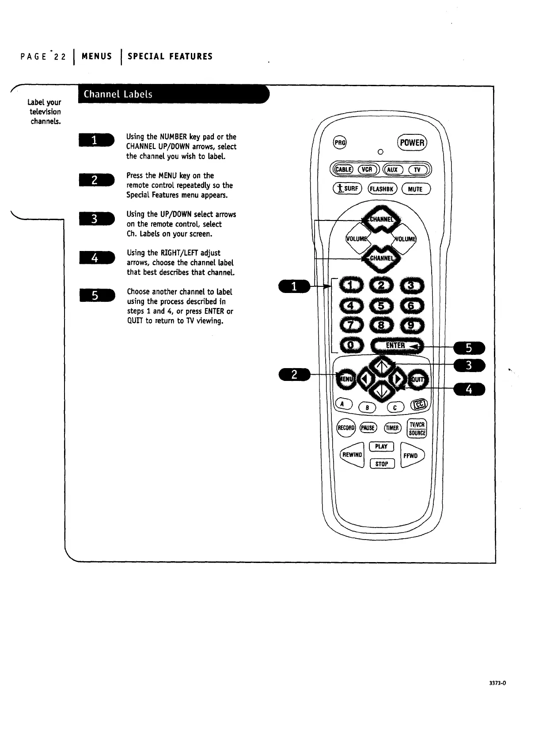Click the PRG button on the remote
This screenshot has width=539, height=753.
point(340,142)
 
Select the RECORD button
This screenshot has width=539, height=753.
point(346,428)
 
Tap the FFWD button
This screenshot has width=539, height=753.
point(411,456)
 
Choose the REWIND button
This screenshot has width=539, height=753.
point(352,455)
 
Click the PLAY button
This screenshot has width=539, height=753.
point(381,446)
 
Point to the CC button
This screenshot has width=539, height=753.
point(418,404)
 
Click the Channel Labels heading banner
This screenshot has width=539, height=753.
point(172,94)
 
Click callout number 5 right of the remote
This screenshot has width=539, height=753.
point(469,348)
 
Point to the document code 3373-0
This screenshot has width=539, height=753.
point(497,695)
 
